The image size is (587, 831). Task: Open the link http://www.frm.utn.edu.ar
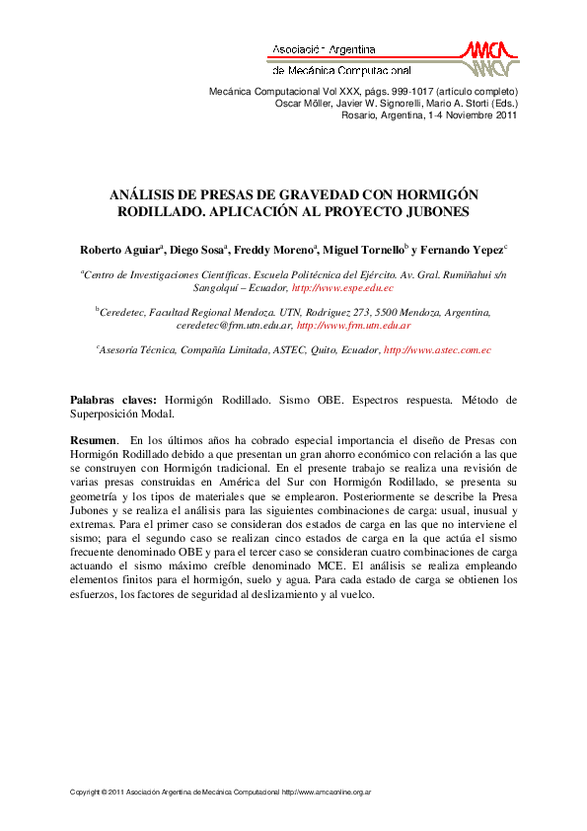(353, 325)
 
